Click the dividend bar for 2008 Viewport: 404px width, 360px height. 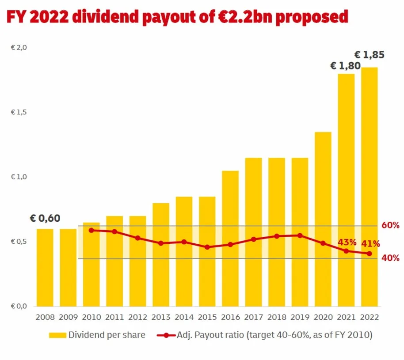pyautogui.click(x=45, y=268)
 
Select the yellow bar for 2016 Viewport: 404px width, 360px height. pyautogui.click(x=230, y=239)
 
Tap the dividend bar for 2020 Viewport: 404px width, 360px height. pyautogui.click(x=323, y=219)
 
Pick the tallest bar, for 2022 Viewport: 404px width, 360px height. pyautogui.click(x=370, y=187)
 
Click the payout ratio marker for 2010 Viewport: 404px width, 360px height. pyautogui.click(x=91, y=230)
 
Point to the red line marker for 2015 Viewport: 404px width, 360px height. pyautogui.click(x=207, y=247)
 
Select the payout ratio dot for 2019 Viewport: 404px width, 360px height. pyautogui.click(x=300, y=235)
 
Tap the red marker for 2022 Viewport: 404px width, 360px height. pyautogui.click(x=370, y=254)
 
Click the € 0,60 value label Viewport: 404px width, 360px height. pyautogui.click(x=45, y=218)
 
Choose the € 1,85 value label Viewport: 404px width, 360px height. pyautogui.click(x=370, y=55)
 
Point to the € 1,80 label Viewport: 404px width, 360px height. pyautogui.click(x=346, y=66)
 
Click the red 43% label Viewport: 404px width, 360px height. pyautogui.click(x=347, y=243)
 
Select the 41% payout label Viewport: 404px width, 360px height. pyautogui.click(x=370, y=243)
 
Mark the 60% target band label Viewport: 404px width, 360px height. pyautogui.click(x=390, y=225)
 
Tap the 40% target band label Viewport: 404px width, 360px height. pyautogui.click(x=390, y=258)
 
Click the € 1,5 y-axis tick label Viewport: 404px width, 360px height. pyautogui.click(x=19, y=112)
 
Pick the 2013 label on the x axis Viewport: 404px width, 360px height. pyautogui.click(x=161, y=317)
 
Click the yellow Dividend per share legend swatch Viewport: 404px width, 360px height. pyautogui.click(x=57, y=335)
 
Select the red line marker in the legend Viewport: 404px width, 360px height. pyautogui.click(x=167, y=335)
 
